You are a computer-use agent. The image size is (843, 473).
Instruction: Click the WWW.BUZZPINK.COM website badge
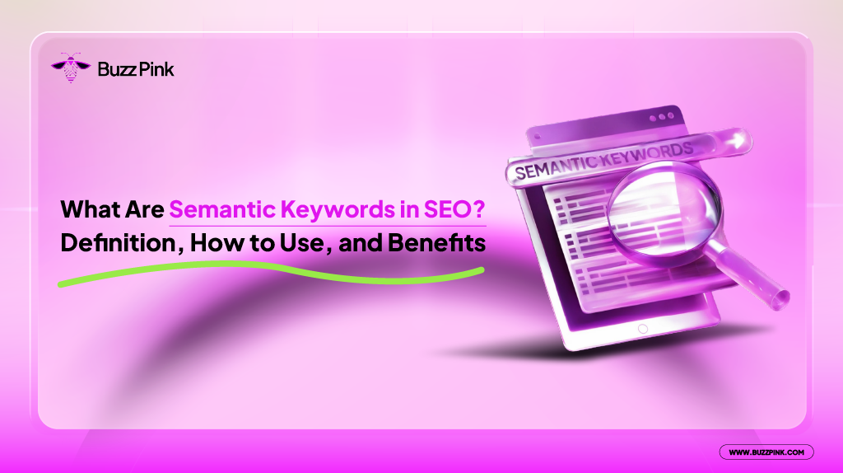point(766,452)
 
